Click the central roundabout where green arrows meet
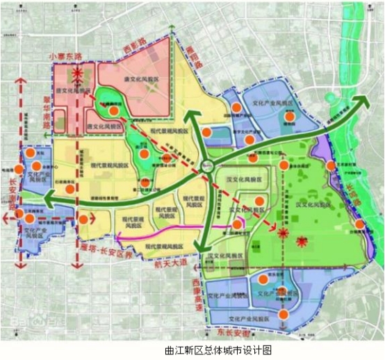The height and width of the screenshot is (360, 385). click(x=206, y=165)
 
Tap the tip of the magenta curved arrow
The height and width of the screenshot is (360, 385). click(x=117, y=240)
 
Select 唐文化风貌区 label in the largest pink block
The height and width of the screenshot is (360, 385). click(x=142, y=81)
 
